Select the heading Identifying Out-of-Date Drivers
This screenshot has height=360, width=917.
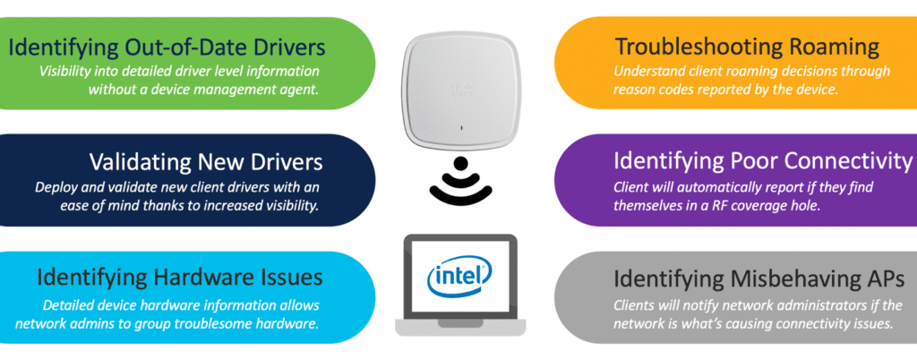pos(166,46)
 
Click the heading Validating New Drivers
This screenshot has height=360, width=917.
pos(206,162)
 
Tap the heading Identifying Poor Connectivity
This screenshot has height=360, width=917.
pos(762,161)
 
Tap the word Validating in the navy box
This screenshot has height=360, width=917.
pos(144,162)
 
